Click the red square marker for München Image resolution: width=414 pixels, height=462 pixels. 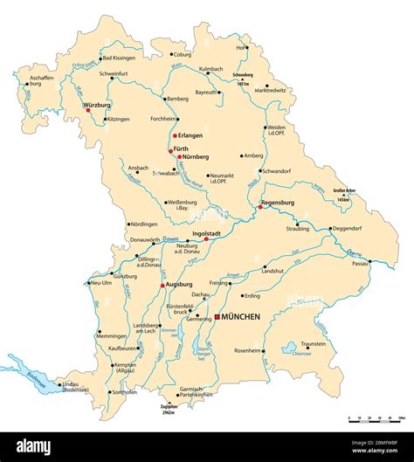217,318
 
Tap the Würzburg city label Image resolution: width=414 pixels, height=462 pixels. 98,104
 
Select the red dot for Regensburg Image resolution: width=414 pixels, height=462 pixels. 259,207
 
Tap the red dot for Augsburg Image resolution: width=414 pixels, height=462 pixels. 162,285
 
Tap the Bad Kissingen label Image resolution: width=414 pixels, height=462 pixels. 119,58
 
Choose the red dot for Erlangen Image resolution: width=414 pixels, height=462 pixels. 175,135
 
